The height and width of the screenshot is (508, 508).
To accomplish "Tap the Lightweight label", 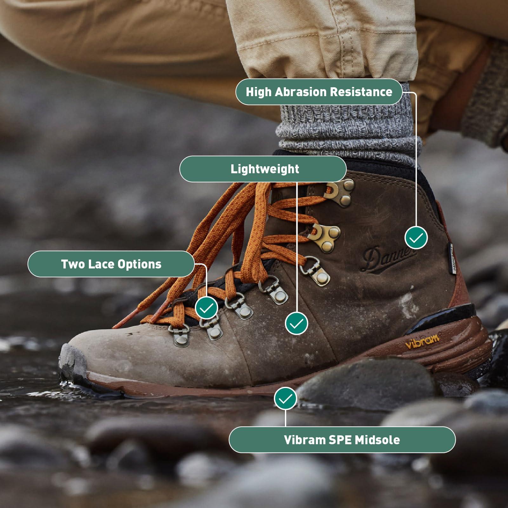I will point(264,169).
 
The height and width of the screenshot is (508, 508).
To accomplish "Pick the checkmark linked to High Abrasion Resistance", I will point(416,238).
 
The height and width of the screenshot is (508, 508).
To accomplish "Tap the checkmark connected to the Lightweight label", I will point(296,323).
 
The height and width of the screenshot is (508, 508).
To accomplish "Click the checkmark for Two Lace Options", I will point(206,307).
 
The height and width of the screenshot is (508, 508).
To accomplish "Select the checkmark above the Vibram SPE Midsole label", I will point(285,398).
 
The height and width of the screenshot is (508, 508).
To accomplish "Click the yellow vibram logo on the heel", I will point(422,341).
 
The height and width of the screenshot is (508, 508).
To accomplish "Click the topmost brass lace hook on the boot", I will point(341,190).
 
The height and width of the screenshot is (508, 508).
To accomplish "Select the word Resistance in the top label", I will point(361,92).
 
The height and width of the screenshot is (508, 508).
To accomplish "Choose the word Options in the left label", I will point(140,264).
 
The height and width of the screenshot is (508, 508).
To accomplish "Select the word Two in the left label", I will point(72,264).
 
